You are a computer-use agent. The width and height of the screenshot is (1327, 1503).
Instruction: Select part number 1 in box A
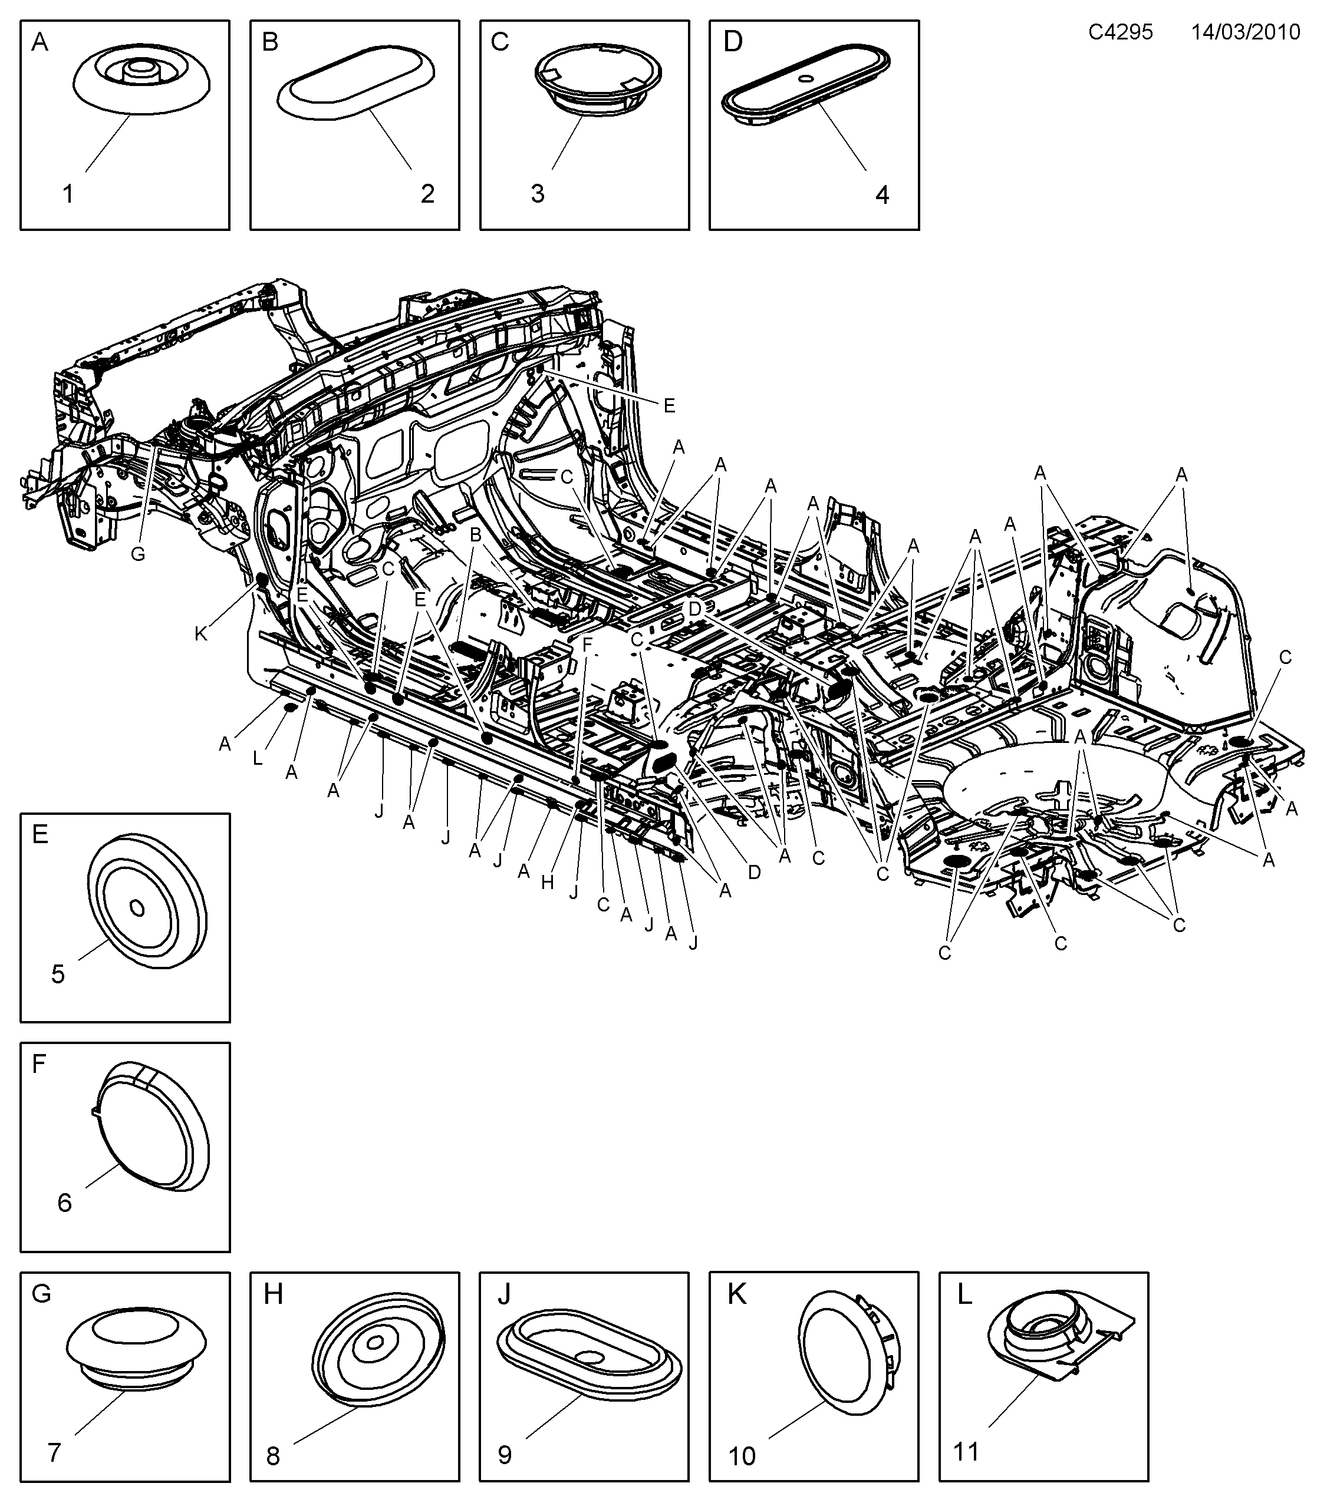[68, 194]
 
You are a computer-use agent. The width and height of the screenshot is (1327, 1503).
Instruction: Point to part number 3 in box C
[538, 194]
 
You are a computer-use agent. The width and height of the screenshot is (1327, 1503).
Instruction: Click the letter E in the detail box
[41, 834]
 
